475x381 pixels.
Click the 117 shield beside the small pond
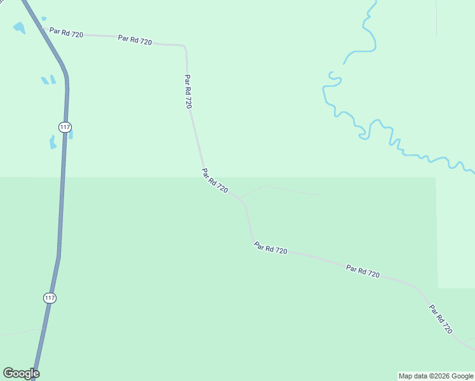(x=64, y=127)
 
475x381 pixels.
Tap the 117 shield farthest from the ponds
(x=50, y=297)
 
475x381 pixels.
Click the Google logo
(x=21, y=373)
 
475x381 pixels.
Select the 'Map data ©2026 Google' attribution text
(x=436, y=376)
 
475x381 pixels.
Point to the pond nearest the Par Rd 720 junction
(x=19, y=28)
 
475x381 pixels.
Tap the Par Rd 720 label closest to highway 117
(x=66, y=32)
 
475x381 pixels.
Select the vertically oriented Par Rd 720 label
(x=188, y=92)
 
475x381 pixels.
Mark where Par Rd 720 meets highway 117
(x=41, y=28)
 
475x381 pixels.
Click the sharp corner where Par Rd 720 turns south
(x=185, y=46)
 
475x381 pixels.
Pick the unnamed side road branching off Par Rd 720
(x=286, y=189)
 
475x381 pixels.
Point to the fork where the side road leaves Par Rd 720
(x=241, y=199)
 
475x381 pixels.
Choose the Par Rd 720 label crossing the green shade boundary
(x=215, y=180)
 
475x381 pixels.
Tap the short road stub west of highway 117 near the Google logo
(x=22, y=331)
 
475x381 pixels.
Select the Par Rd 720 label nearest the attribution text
(x=441, y=319)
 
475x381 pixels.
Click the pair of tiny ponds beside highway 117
(x=48, y=80)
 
